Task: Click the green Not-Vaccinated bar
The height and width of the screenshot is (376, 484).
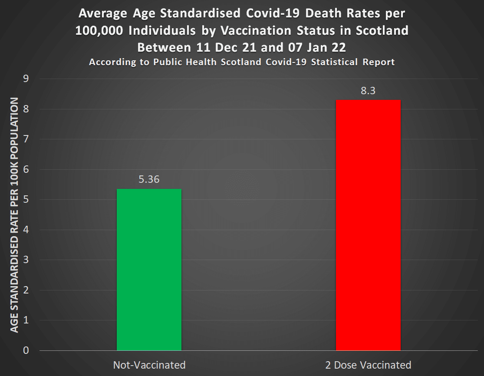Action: (149, 269)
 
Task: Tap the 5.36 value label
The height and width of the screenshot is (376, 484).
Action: (149, 179)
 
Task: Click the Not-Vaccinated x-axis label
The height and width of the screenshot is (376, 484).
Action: (149, 365)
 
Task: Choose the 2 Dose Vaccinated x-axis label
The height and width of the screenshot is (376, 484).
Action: (368, 365)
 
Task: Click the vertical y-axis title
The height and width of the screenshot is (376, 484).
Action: (14, 215)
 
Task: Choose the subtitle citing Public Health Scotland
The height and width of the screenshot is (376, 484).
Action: (242, 62)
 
